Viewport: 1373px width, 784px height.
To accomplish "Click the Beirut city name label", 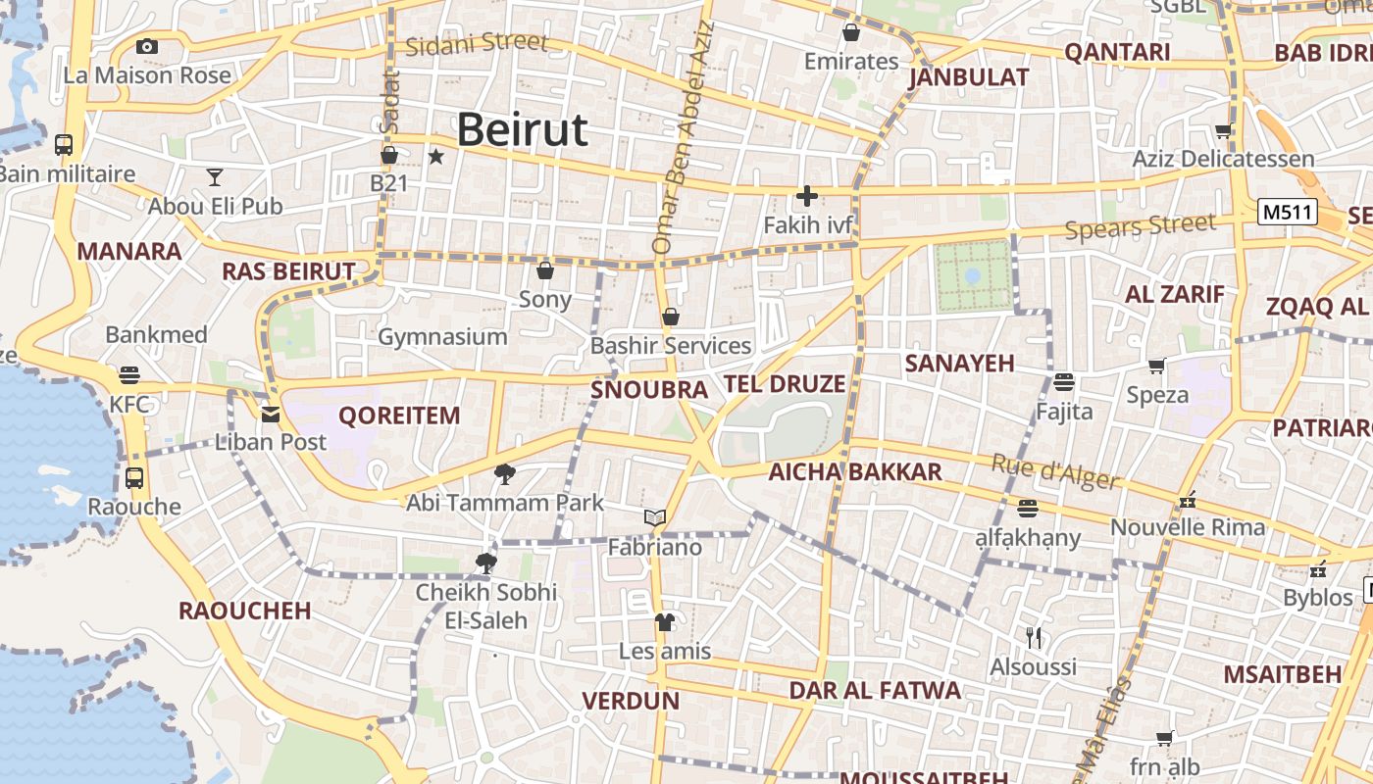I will click(x=522, y=129).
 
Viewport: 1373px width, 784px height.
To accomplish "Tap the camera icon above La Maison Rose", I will click(x=147, y=46).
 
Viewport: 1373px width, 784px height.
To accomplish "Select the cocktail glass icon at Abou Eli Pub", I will click(x=215, y=177).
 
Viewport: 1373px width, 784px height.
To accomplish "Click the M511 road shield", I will click(x=1288, y=212).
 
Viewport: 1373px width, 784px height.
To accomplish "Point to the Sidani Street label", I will click(x=476, y=44).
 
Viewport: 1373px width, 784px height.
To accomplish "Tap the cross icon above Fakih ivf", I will click(x=807, y=196).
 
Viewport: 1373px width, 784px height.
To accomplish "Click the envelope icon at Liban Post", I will click(x=271, y=415).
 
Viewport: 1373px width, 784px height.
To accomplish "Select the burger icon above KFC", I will click(x=129, y=375).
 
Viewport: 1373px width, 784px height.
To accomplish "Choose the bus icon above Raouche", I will click(x=134, y=478).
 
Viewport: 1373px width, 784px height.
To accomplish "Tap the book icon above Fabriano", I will click(x=655, y=517).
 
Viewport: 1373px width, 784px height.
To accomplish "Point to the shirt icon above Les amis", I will click(x=665, y=622).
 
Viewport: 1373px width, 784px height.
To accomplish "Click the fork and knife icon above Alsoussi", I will click(x=1033, y=638).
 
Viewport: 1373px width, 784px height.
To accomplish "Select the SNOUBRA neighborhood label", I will click(x=648, y=390).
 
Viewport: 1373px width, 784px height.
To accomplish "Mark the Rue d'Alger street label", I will click(x=1055, y=472).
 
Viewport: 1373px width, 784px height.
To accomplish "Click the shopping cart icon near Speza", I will click(x=1157, y=367).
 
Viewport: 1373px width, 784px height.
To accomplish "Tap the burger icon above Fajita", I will click(x=1064, y=381).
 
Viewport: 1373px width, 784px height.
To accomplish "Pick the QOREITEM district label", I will click(x=399, y=416).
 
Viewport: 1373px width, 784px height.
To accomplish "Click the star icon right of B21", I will click(x=436, y=156).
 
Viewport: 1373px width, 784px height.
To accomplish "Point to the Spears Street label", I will click(x=1140, y=227).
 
